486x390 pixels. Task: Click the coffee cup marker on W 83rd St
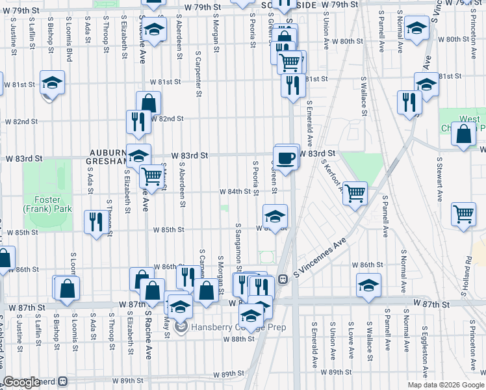tap(286, 157)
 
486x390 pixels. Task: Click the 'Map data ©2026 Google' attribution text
tap(445, 385)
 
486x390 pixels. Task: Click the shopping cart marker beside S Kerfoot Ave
tap(355, 192)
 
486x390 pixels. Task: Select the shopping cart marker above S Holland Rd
tap(464, 213)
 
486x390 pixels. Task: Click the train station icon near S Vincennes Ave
tap(284, 279)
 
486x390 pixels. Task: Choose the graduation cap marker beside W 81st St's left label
tap(52, 83)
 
